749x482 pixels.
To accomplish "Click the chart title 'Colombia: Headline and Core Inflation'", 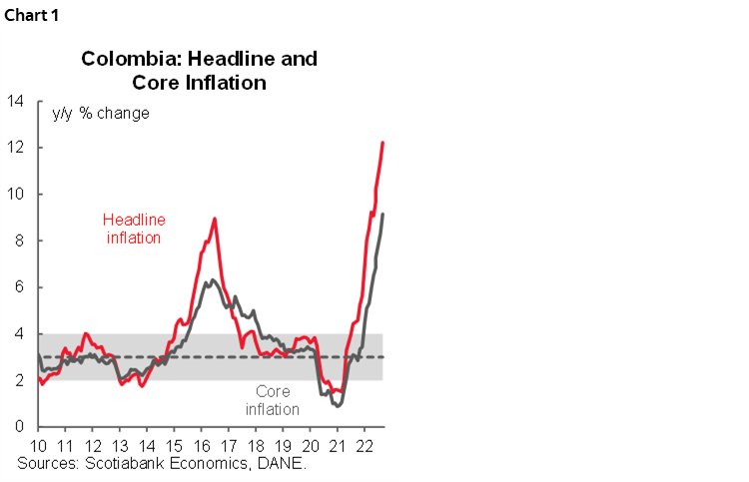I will [x=199, y=70].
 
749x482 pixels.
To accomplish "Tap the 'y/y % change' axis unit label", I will [x=101, y=113].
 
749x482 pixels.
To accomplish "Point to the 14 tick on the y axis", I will [x=15, y=101].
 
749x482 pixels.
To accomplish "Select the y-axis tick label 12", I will [x=15, y=148].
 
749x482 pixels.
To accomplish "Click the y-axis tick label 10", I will [x=15, y=194].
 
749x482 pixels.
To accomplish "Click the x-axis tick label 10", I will [x=39, y=445].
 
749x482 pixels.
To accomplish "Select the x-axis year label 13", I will [x=119, y=445].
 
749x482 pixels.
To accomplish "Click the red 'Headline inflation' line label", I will [x=133, y=229].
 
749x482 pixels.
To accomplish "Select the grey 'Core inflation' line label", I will [x=272, y=400].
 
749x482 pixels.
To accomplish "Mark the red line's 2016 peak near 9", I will [x=215, y=219].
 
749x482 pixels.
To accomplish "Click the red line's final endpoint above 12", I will [x=383, y=143].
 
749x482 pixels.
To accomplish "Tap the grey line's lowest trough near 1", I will [x=339, y=405].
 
